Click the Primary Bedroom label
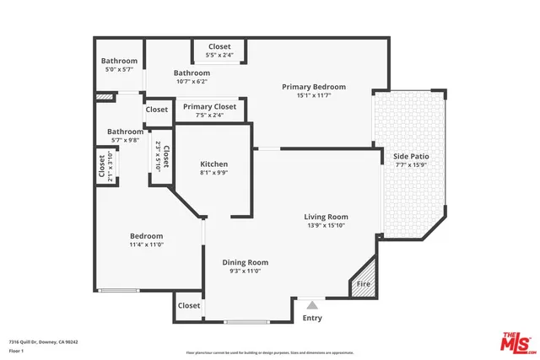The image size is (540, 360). pos(314,87)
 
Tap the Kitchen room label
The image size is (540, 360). pos(213,164)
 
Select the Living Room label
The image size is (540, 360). pos(326,217)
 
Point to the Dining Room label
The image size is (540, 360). pos(245,262)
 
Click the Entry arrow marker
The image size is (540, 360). pos(312,304)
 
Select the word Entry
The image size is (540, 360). pos(312,318)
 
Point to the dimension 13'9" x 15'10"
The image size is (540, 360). pos(326,225)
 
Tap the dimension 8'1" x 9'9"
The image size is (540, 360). pos(213,172)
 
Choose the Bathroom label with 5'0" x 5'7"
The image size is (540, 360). pos(119,61)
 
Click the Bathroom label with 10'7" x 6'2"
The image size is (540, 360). pos(192,73)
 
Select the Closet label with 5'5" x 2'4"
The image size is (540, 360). pos(219,47)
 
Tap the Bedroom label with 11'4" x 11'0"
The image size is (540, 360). pos(146,236)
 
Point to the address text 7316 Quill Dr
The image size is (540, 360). pos(43,341)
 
